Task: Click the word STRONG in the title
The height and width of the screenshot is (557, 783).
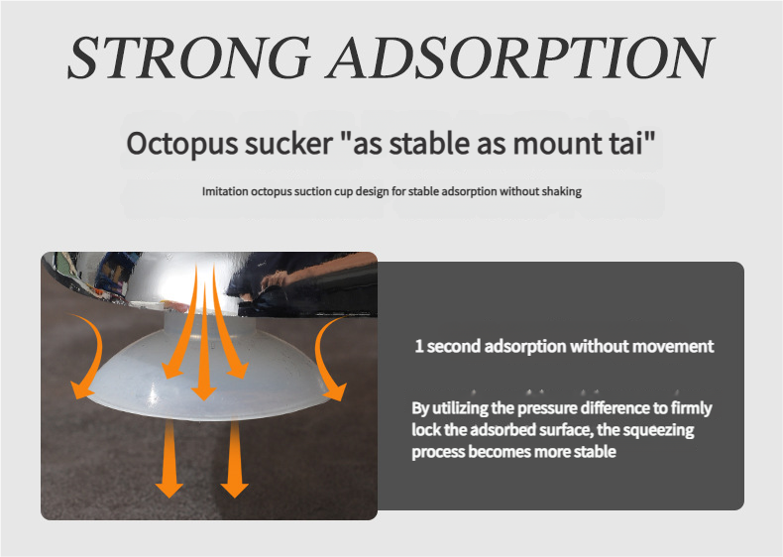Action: (x=189, y=56)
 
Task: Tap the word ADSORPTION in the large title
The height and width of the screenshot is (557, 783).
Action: (x=519, y=56)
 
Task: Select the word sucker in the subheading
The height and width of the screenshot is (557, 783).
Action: (x=289, y=144)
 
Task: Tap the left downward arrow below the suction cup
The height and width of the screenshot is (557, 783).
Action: (x=169, y=459)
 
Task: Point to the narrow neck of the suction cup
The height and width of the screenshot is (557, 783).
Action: (x=210, y=326)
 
